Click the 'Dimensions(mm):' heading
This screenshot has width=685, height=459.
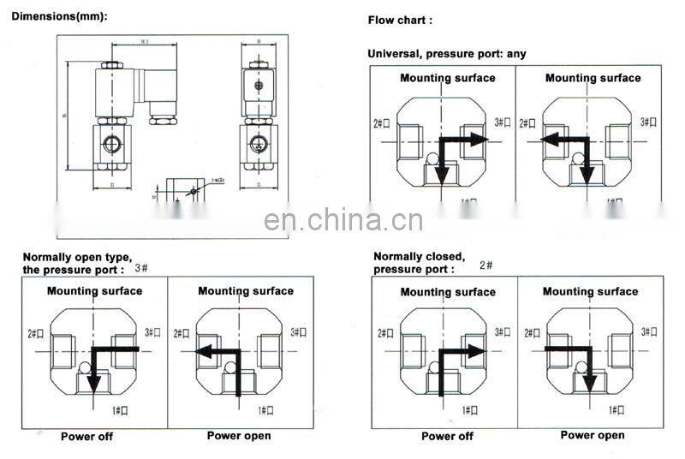[x=59, y=16]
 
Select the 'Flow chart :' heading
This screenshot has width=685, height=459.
[x=400, y=20]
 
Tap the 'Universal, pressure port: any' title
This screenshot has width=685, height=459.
[x=447, y=53]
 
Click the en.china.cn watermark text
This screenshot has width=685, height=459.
[x=343, y=220]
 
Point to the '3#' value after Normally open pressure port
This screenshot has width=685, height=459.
[x=142, y=269]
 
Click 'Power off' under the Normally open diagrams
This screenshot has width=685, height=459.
[x=86, y=437]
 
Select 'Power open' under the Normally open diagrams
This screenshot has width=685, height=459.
[x=239, y=436]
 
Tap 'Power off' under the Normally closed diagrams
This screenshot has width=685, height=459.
[x=447, y=436]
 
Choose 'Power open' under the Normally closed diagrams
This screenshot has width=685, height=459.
[x=593, y=435]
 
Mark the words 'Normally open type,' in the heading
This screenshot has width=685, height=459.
[x=77, y=257]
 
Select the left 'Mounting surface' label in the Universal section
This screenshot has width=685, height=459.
[x=447, y=78]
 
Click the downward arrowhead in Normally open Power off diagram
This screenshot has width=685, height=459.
[x=94, y=382]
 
